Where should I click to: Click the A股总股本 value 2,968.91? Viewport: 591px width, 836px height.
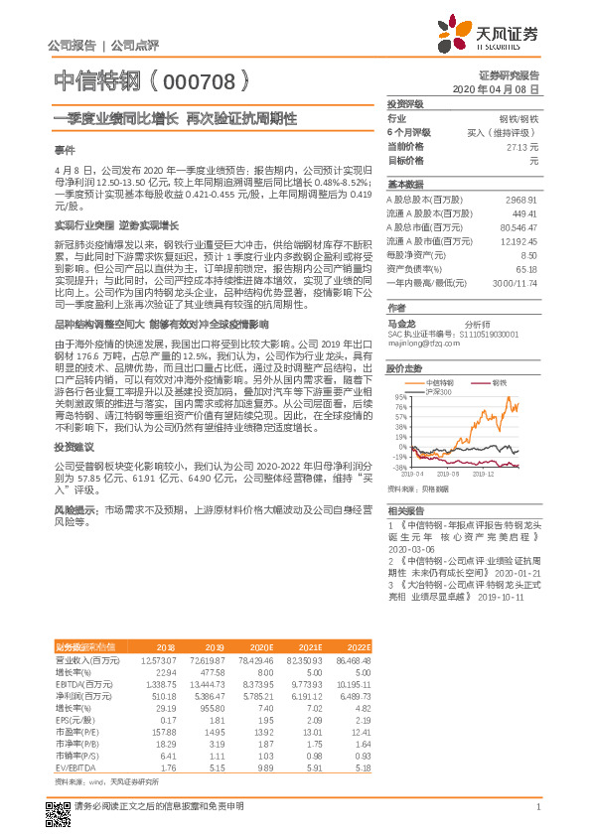[x=521, y=200]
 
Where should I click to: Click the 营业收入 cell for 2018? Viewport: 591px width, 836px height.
[x=159, y=659]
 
